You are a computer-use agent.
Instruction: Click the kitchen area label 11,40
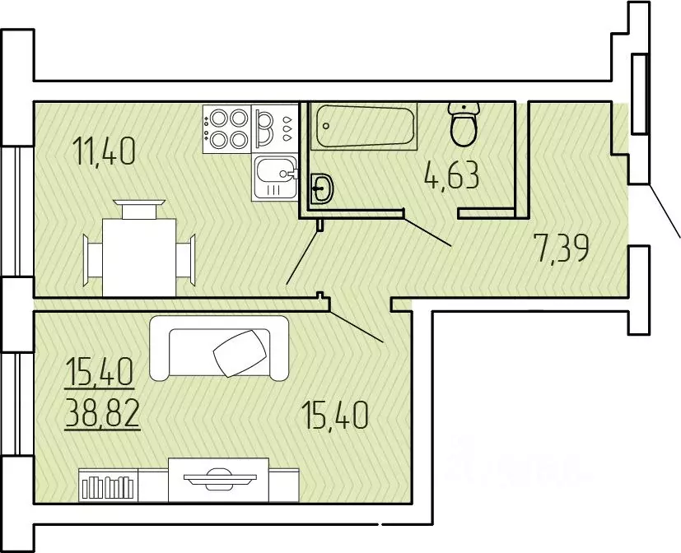(x=105, y=151)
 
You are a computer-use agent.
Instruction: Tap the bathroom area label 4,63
(x=453, y=175)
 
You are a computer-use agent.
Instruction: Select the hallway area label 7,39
(x=563, y=248)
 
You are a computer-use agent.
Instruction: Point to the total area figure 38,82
(x=102, y=414)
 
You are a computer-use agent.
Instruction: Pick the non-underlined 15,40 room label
(x=335, y=415)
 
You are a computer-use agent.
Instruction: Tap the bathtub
(x=364, y=126)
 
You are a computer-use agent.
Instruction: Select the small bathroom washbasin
(x=322, y=188)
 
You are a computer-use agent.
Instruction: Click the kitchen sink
(x=275, y=178)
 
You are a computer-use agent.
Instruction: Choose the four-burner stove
(x=227, y=129)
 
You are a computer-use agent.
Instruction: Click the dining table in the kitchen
(x=139, y=258)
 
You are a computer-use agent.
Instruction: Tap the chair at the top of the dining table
(x=139, y=209)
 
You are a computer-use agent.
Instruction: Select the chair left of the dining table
(x=92, y=260)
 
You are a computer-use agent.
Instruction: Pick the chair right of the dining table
(x=186, y=259)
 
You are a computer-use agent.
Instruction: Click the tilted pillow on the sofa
(x=240, y=353)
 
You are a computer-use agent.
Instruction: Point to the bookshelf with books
(x=108, y=486)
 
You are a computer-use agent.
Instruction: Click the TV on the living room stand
(x=220, y=479)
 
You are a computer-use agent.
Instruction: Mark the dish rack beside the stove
(x=275, y=129)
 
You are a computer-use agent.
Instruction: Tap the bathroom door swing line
(x=428, y=231)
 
